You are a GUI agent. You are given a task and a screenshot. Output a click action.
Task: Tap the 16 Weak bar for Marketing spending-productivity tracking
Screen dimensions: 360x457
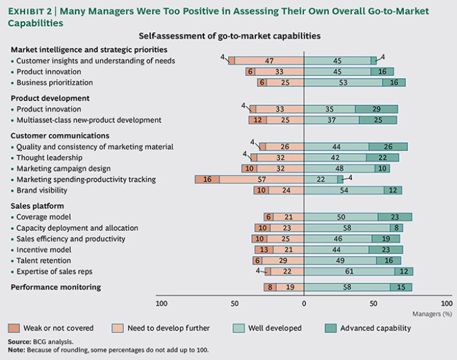[207, 180]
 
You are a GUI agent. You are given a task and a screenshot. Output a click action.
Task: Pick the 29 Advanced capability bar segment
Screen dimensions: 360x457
[377, 109]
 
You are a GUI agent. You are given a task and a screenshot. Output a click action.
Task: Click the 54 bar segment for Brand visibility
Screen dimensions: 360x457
[344, 190]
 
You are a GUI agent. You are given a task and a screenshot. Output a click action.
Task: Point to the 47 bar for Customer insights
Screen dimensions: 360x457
[269, 61]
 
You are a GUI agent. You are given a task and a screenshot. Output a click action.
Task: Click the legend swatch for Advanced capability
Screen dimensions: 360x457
[330, 328]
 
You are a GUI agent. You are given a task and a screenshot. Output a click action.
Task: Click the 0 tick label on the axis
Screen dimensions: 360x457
[303, 303]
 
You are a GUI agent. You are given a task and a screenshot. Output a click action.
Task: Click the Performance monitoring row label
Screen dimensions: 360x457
[56, 287]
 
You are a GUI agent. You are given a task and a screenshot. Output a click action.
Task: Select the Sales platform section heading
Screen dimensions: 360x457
[38, 206]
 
